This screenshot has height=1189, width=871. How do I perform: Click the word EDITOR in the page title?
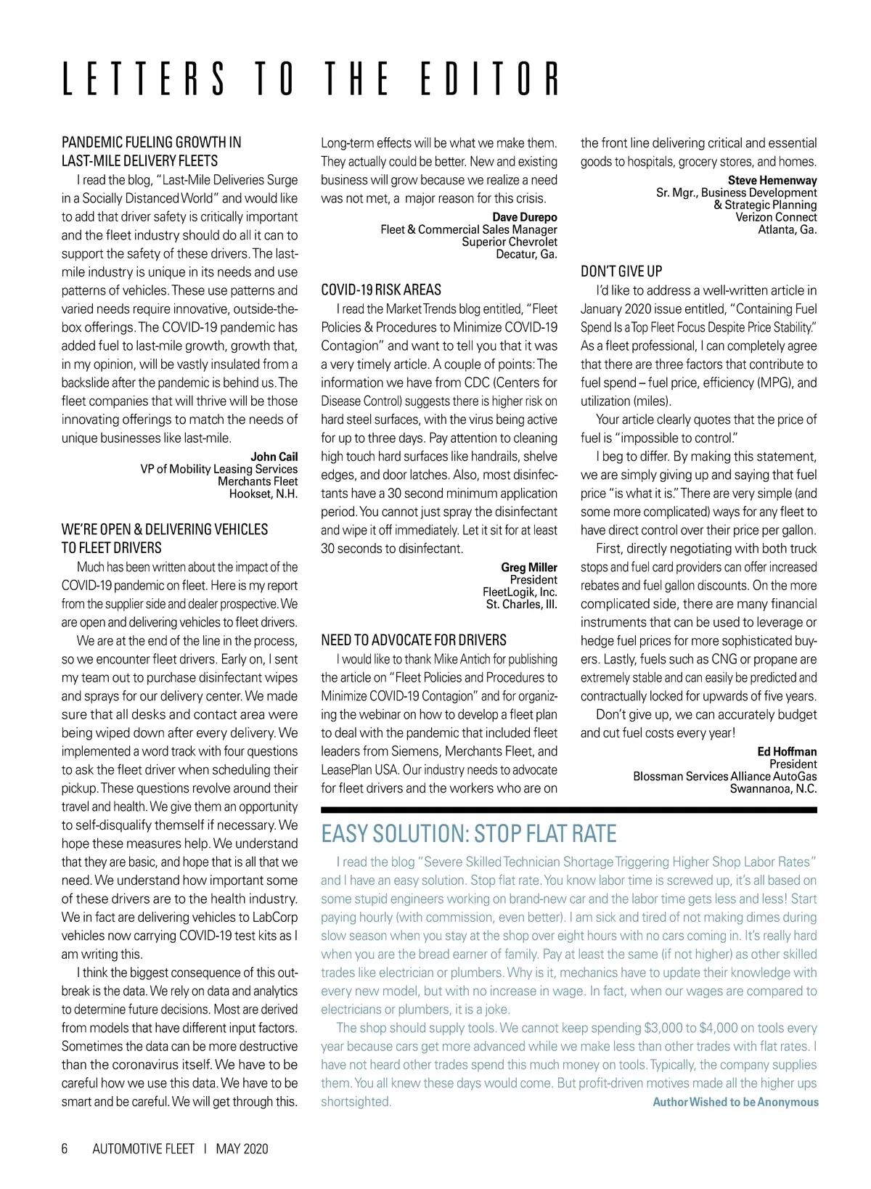pyautogui.click(x=491, y=78)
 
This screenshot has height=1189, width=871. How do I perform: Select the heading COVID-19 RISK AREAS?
pyautogui.click(x=381, y=290)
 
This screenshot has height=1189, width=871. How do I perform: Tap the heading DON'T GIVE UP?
pyautogui.click(x=621, y=271)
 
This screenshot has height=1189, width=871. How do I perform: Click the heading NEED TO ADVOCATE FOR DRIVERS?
pyautogui.click(x=414, y=640)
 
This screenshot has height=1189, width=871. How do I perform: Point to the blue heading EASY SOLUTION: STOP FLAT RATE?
pyautogui.click(x=469, y=833)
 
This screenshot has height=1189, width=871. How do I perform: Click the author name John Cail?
pyautogui.click(x=274, y=457)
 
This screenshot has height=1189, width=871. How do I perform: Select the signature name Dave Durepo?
pyautogui.click(x=525, y=217)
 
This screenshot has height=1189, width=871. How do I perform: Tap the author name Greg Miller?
pyautogui.click(x=529, y=567)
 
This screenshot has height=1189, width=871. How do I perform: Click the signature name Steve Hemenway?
pyautogui.click(x=772, y=180)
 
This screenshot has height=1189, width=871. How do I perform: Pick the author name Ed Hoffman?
pyautogui.click(x=787, y=751)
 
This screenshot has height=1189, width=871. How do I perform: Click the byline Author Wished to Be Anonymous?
pyautogui.click(x=735, y=1102)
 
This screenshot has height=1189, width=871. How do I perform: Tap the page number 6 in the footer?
pyautogui.click(x=65, y=1148)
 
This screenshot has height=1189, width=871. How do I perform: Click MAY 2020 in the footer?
pyautogui.click(x=242, y=1148)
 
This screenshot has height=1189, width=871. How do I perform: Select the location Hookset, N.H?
pyautogui.click(x=263, y=494)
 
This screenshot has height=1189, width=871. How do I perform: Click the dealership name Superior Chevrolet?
pyautogui.click(x=510, y=242)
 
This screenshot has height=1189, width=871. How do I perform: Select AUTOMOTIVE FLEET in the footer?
pyautogui.click(x=144, y=1148)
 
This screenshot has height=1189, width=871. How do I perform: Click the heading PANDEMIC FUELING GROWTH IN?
pyautogui.click(x=151, y=142)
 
